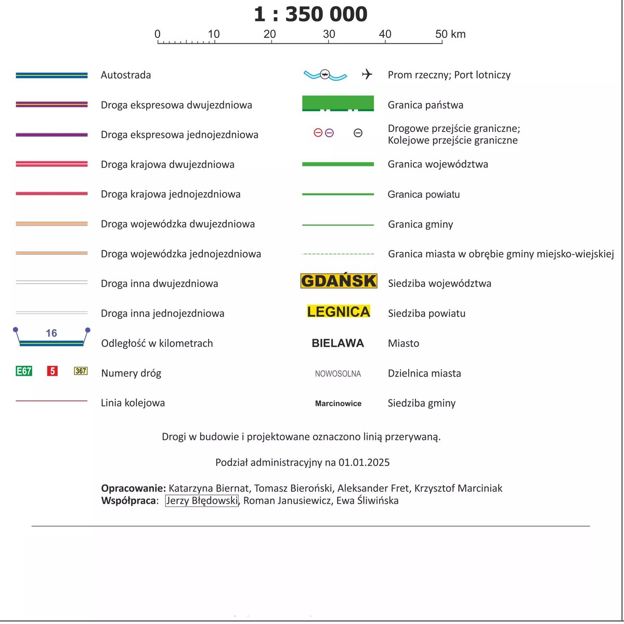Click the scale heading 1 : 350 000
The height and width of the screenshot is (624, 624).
pyautogui.click(x=310, y=15)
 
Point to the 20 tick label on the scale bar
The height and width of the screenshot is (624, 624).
pyautogui.click(x=269, y=34)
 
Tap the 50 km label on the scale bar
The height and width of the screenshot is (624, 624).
pyautogui.click(x=450, y=34)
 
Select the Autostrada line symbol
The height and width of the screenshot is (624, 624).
pyautogui.click(x=51, y=75)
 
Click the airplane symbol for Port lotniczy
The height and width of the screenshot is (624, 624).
pyautogui.click(x=367, y=74)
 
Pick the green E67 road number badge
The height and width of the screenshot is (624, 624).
pyautogui.click(x=24, y=371)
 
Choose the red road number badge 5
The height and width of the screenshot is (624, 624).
pyautogui.click(x=52, y=371)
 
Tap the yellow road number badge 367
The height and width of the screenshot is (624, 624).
pyautogui.click(x=81, y=371)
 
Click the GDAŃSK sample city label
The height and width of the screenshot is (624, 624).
pyautogui.click(x=339, y=281)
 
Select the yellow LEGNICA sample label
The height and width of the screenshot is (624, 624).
pyautogui.click(x=339, y=311)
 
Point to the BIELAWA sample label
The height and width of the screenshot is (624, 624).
pyautogui.click(x=337, y=343)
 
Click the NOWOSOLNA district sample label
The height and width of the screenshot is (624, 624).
pyautogui.click(x=337, y=373)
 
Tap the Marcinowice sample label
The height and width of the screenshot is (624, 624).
pyautogui.click(x=338, y=404)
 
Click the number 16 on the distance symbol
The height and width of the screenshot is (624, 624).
pyautogui.click(x=51, y=333)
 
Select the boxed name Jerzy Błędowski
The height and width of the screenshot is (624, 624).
pyautogui.click(x=202, y=501)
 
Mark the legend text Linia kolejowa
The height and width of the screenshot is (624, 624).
pyautogui.click(x=133, y=403)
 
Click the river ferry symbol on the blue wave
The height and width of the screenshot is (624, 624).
pyautogui.click(x=324, y=74)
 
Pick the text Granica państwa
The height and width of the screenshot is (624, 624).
pyautogui.click(x=425, y=105)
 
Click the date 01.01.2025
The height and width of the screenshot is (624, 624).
pyautogui.click(x=364, y=462)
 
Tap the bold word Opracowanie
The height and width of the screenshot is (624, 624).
pyautogui.click(x=133, y=488)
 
